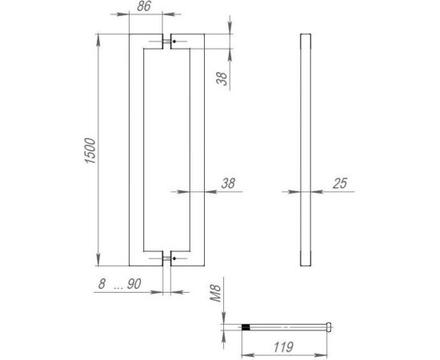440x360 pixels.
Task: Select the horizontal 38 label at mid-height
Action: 227,183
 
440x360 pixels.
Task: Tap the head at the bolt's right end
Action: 330,326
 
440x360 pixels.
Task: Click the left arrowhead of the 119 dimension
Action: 244,353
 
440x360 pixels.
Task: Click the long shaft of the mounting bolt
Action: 288,326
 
